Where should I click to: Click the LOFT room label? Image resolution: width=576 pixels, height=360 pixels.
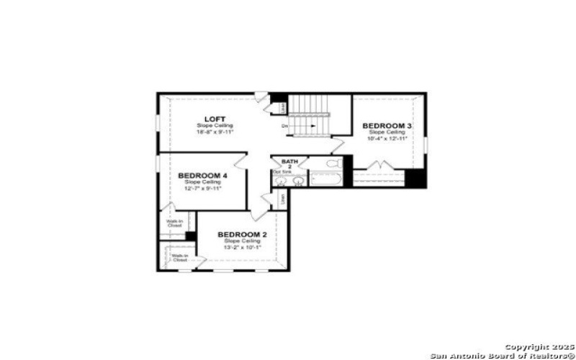pos(215,119)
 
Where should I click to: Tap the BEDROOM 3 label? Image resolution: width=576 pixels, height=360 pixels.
pos(387,126)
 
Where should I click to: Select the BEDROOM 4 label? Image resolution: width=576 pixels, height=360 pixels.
pos(202,176)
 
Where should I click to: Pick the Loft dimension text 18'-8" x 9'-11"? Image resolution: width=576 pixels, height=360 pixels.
pos(215,132)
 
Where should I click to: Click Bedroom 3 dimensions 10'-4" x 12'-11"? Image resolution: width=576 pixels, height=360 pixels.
pos(387,138)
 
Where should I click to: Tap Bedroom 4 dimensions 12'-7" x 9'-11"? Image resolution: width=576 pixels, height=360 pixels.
pos(202,188)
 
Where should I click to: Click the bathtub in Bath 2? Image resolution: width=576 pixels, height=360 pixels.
pos(328,179)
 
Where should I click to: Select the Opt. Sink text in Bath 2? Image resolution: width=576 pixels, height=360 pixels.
pos(282,172)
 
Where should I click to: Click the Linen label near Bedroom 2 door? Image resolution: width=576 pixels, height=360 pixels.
pos(282,197)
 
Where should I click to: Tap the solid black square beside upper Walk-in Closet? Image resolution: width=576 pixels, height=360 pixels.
pos(191,236)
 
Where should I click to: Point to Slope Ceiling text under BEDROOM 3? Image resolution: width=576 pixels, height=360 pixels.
pos(387,132)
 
